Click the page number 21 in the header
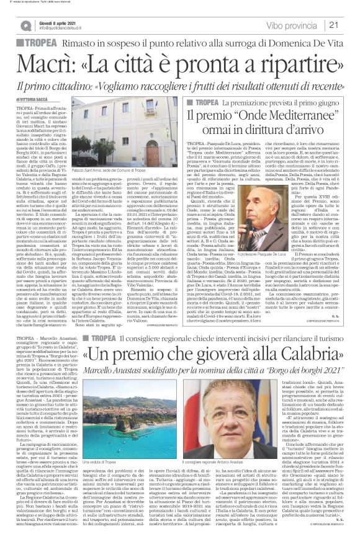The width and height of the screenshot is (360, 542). click(x=349, y=25)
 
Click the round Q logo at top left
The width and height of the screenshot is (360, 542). click(x=25, y=25)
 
